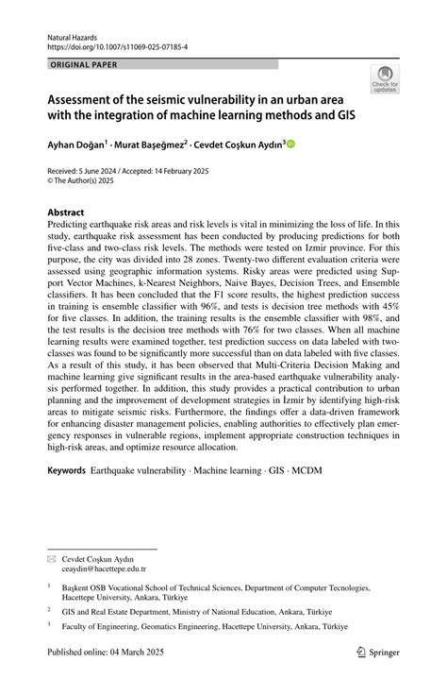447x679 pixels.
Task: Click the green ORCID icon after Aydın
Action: (290, 144)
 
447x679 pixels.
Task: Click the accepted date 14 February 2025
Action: (199, 171)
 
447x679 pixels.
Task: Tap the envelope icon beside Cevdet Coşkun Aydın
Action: (52, 559)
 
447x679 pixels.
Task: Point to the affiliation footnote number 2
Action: (49, 610)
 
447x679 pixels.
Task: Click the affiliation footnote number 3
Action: (49, 626)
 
